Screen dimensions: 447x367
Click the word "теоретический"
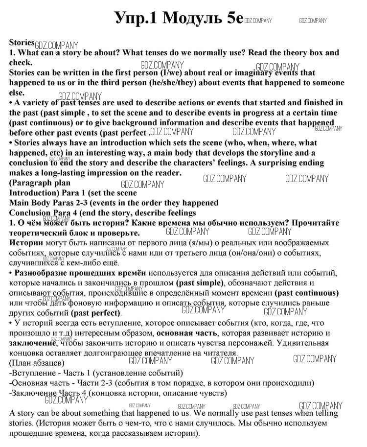tap(39, 233)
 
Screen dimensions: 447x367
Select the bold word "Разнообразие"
tap(43, 273)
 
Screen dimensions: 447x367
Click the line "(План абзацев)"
tap(37, 363)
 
